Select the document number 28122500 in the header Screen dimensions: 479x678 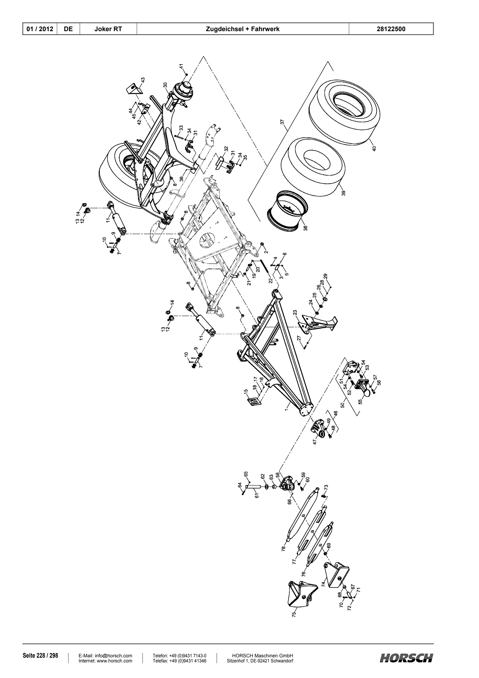(391, 29)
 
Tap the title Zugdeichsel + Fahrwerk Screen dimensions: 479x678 (243, 29)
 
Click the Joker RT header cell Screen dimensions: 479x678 (108, 29)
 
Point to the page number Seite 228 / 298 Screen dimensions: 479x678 (40, 656)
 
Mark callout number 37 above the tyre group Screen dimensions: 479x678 (282, 122)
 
